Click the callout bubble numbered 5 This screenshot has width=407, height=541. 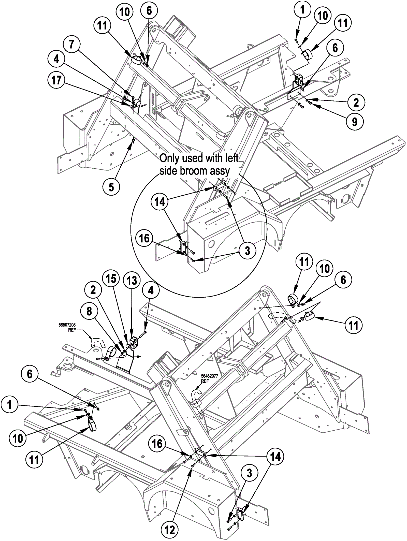(x=111, y=187)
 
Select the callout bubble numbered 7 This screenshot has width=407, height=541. (x=71, y=45)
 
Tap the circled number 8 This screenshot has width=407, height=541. (x=89, y=311)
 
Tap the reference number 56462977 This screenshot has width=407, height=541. (x=210, y=376)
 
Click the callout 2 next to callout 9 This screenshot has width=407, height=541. (x=356, y=103)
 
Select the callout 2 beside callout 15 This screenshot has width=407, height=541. (x=93, y=290)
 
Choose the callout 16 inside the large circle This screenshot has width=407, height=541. (x=144, y=239)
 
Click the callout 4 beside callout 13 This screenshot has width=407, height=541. (x=151, y=290)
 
